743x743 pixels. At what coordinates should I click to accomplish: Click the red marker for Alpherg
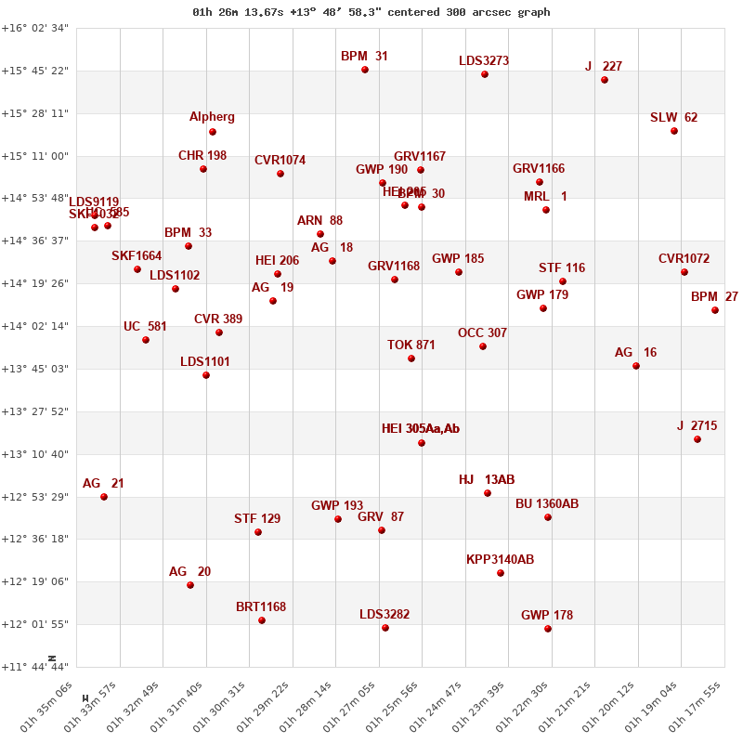[213, 132]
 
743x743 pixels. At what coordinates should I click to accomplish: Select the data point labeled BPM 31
[365, 70]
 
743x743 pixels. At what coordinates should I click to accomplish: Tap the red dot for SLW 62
[674, 131]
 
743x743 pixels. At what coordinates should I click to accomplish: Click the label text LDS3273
[484, 61]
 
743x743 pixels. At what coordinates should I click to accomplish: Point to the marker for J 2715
[697, 439]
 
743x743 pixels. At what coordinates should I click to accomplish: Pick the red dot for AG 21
[104, 497]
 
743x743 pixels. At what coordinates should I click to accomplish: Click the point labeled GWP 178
[548, 629]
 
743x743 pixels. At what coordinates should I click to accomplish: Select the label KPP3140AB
[501, 560]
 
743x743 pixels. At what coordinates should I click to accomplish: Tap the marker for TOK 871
[411, 358]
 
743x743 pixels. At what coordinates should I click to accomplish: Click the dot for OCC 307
[483, 346]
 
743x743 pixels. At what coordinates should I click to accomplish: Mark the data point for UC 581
[146, 340]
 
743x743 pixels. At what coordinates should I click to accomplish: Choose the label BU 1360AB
[547, 504]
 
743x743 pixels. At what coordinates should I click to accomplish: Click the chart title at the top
[371, 12]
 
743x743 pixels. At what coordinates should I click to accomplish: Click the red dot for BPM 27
[715, 310]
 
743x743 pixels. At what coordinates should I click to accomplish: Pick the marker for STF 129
[258, 532]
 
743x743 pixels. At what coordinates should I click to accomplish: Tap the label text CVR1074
[280, 161]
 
